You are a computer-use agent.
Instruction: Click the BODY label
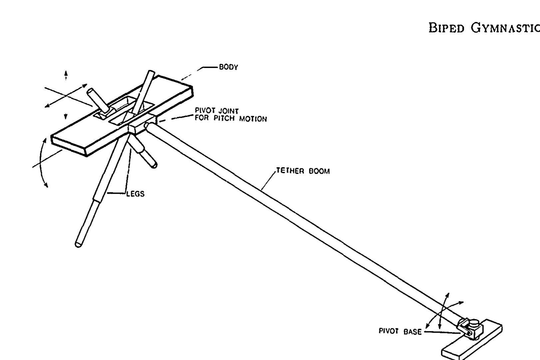point(228,67)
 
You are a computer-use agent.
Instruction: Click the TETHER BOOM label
point(303,171)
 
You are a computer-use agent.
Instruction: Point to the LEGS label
point(135,194)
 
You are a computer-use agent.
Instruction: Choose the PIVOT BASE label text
point(400,331)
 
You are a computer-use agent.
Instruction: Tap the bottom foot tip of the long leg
point(78,244)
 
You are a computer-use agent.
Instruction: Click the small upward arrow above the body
point(66,75)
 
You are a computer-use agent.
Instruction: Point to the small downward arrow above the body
point(66,116)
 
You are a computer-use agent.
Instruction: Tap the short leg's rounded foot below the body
point(153,164)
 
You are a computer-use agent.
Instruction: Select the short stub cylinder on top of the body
point(97,100)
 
